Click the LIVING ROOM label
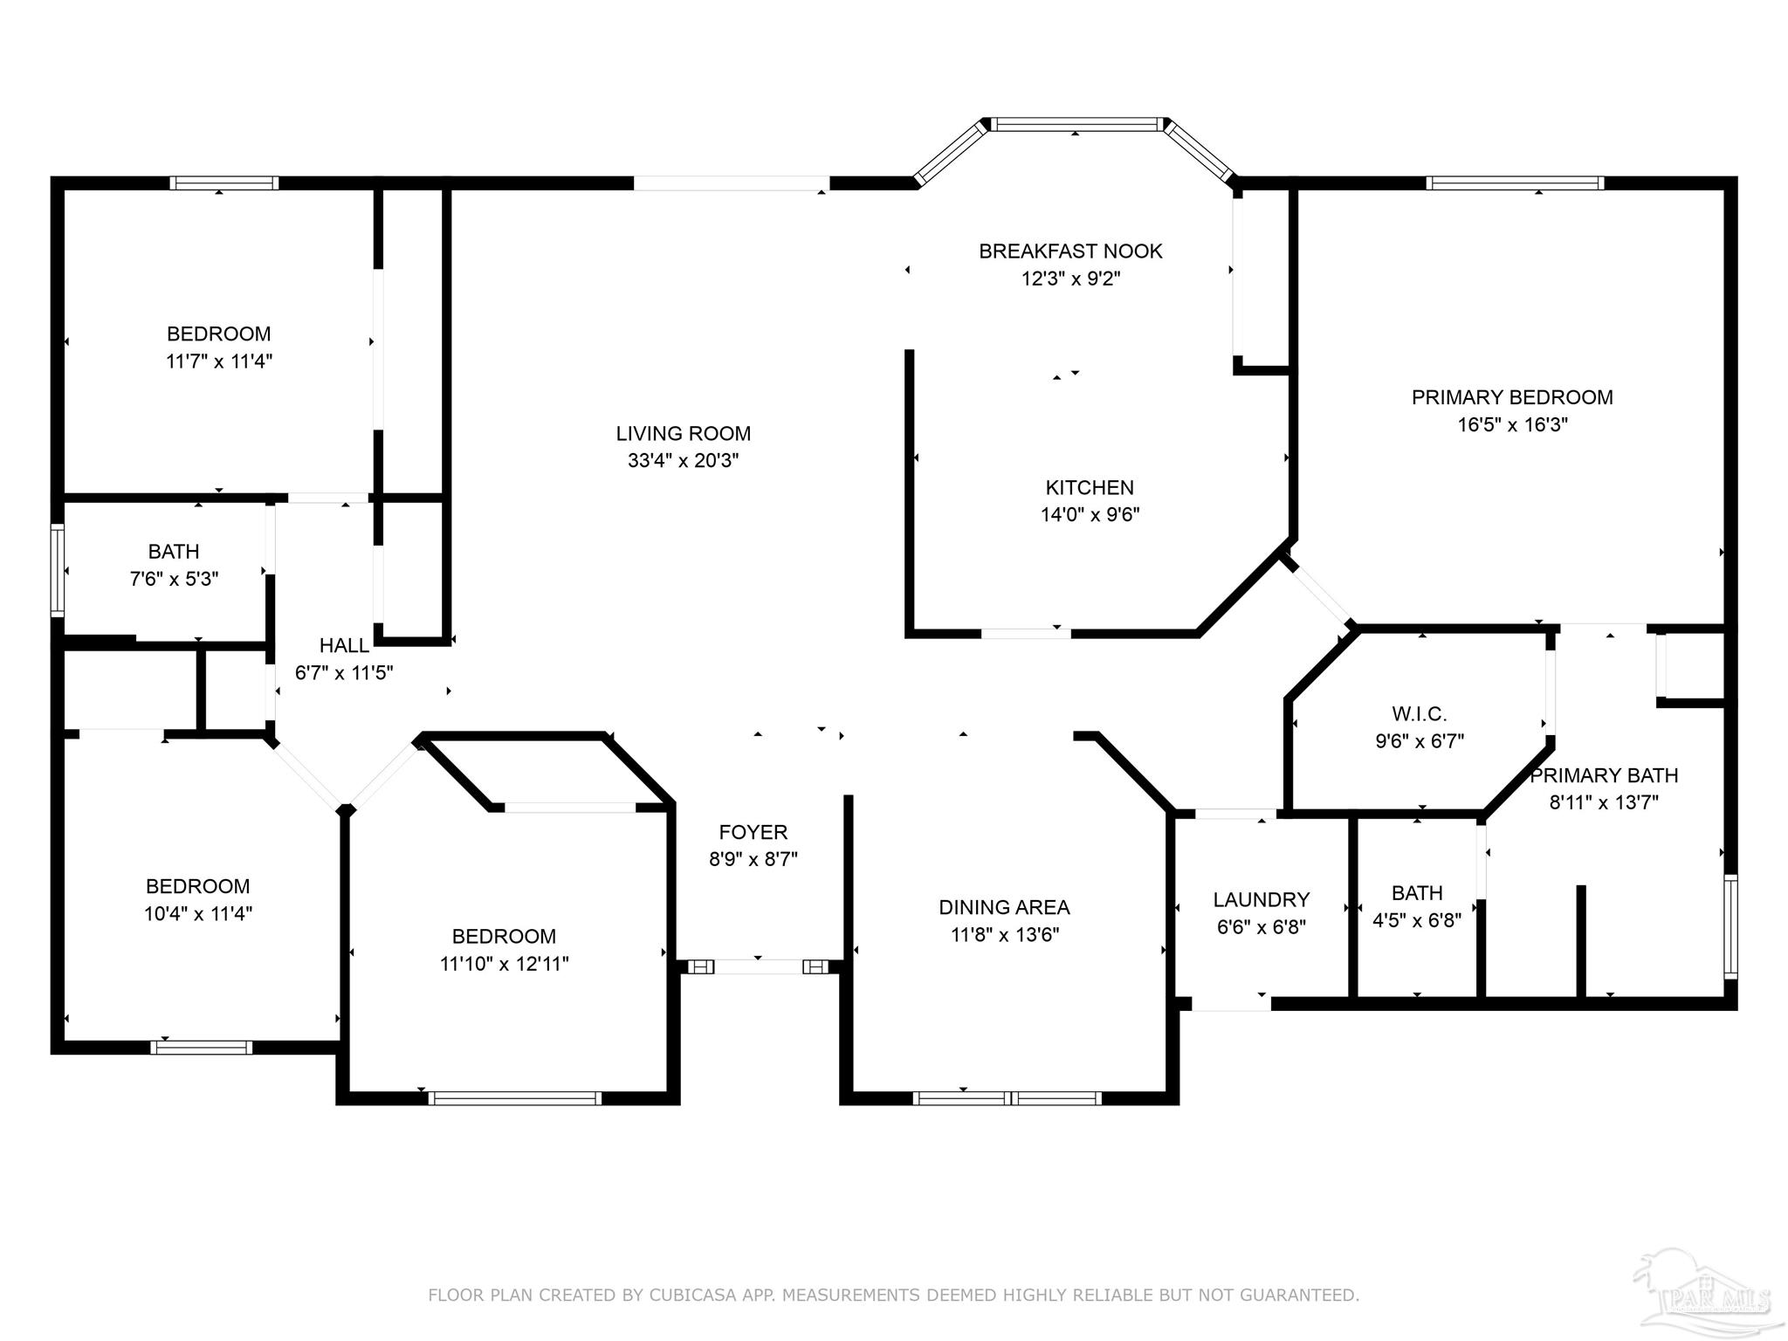point(683,433)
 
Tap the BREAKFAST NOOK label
point(1070,251)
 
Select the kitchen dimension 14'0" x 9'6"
point(1090,514)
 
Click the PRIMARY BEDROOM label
point(1512,397)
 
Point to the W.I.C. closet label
point(1419,714)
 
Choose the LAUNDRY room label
point(1261,899)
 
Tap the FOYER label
point(753,832)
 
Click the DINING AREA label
point(1004,907)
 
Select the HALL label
point(344,645)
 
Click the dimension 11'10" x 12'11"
point(504,963)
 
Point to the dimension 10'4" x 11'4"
point(198,913)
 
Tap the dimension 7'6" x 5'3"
point(174,578)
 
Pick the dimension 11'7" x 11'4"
point(219,361)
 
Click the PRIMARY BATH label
point(1604,775)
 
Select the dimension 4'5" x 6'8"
point(1417,919)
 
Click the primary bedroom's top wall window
point(1515,183)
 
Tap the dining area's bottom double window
point(1007,1097)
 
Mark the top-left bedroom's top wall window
point(224,183)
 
